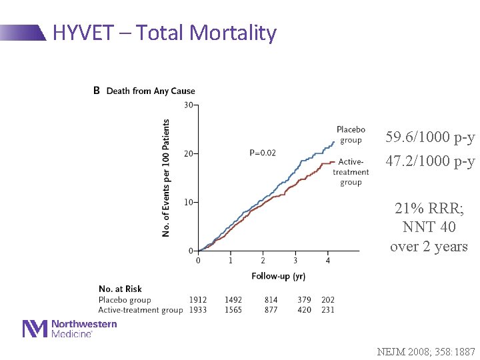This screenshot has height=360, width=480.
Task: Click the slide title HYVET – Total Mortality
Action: click(x=164, y=33)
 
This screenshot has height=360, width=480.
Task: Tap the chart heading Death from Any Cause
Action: click(x=150, y=91)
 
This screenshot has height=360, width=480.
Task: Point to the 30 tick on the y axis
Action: click(x=189, y=105)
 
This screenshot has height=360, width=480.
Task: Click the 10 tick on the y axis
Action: click(x=189, y=202)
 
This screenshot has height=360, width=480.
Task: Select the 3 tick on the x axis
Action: click(x=295, y=260)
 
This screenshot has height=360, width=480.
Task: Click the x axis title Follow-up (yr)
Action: click(x=279, y=275)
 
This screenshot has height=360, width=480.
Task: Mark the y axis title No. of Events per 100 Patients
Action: click(x=166, y=177)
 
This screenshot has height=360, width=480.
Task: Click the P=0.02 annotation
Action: click(x=263, y=153)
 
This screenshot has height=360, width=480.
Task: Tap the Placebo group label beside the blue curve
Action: click(x=351, y=135)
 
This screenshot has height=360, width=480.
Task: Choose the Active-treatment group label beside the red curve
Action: click(x=351, y=172)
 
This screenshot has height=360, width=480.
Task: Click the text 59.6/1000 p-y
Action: click(x=430, y=138)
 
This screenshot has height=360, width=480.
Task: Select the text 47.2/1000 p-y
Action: click(x=430, y=161)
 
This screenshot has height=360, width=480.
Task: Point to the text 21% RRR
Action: click(x=429, y=209)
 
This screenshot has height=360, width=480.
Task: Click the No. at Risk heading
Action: click(x=120, y=289)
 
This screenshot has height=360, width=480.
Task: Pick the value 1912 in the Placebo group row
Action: click(x=198, y=300)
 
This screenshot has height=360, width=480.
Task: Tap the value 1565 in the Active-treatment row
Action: click(x=233, y=310)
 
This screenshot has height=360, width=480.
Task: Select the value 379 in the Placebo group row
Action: click(x=304, y=300)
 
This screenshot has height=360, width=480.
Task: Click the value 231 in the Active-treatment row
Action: click(x=328, y=310)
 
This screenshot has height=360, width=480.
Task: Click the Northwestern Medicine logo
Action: click(x=70, y=329)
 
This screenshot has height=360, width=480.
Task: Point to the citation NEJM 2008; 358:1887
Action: click(x=426, y=351)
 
